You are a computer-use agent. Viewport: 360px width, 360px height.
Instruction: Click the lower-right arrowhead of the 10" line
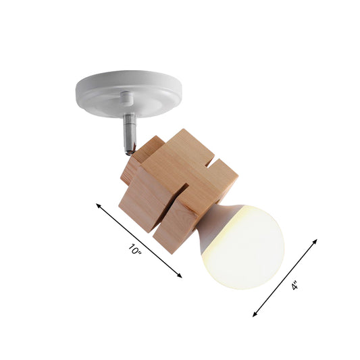point(180,276)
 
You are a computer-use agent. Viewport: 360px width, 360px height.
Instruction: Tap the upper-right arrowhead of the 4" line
point(313,240)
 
